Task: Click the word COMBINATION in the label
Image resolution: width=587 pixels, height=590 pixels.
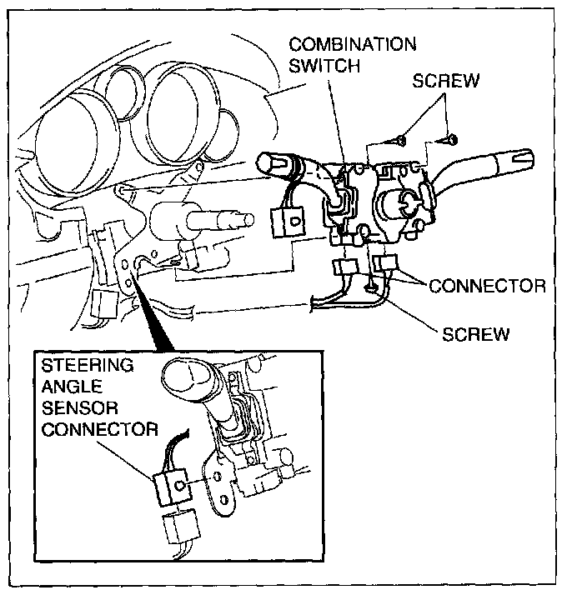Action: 353,44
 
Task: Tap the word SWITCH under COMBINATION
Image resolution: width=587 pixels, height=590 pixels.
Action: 324,66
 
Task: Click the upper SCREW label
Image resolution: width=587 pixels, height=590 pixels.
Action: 446,81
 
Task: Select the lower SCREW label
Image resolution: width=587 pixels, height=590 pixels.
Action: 475,334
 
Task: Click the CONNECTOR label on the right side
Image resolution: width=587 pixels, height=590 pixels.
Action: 487,286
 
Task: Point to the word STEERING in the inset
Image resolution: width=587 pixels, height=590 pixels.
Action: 88,365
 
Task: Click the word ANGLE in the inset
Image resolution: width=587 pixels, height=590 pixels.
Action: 72,387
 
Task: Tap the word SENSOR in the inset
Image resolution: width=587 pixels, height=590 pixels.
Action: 80,407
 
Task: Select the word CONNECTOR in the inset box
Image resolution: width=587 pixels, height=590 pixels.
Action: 100,429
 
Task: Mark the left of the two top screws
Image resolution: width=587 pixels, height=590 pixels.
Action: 400,141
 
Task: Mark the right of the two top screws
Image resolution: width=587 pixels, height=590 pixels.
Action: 451,140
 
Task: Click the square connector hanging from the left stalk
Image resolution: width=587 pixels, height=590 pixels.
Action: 288,222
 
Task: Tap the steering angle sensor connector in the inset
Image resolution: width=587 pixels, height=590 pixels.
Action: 172,487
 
